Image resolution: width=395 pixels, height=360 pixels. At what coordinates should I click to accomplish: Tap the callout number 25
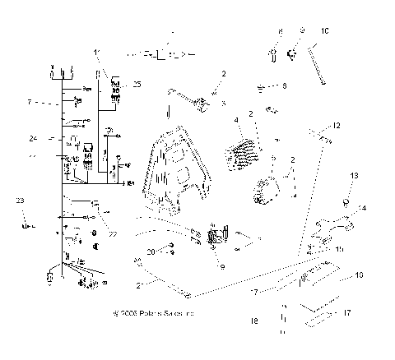[137, 85]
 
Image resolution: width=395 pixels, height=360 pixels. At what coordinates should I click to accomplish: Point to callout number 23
[20, 201]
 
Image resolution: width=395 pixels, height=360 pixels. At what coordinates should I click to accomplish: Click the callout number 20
[151, 252]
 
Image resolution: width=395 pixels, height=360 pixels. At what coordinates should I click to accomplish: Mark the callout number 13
[355, 176]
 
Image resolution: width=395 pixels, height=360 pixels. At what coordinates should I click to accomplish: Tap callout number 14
[363, 209]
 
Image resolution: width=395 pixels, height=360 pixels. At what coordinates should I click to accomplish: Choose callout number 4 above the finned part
[235, 122]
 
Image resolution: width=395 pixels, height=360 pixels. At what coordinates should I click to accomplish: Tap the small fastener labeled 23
[26, 224]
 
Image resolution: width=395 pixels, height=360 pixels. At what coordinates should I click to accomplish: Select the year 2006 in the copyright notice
[131, 313]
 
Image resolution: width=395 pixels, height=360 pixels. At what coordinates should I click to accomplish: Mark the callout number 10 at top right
[325, 30]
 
